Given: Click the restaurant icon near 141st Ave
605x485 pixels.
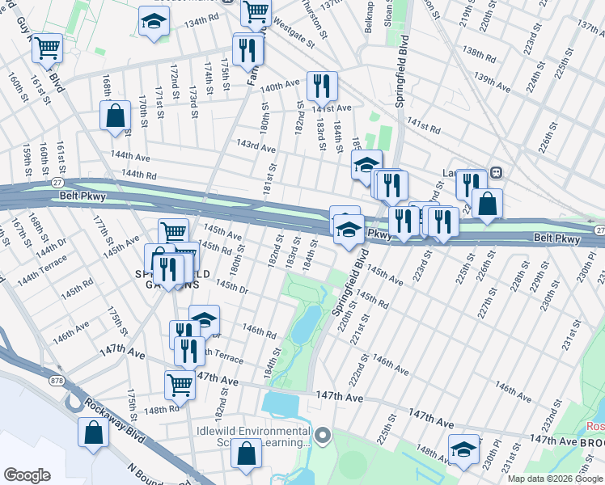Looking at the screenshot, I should pyautogui.click(x=322, y=85).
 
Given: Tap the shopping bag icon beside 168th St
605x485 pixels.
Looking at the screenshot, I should pyautogui.click(x=115, y=116).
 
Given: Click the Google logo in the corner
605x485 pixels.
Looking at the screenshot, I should pyautogui.click(x=27, y=475).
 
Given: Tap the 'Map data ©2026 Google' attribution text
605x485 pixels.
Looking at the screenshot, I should pyautogui.click(x=555, y=479).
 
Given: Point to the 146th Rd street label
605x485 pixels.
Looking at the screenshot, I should pyautogui.click(x=259, y=331).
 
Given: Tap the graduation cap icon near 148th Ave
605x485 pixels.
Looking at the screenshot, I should pyautogui.click(x=464, y=449).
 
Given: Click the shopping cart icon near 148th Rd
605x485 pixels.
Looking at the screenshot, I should pyautogui.click(x=180, y=386).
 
